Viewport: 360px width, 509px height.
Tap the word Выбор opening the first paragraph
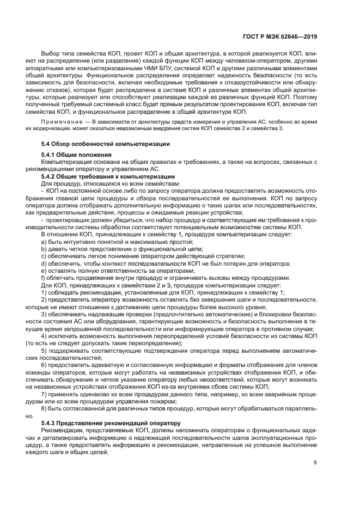tap(52, 54)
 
